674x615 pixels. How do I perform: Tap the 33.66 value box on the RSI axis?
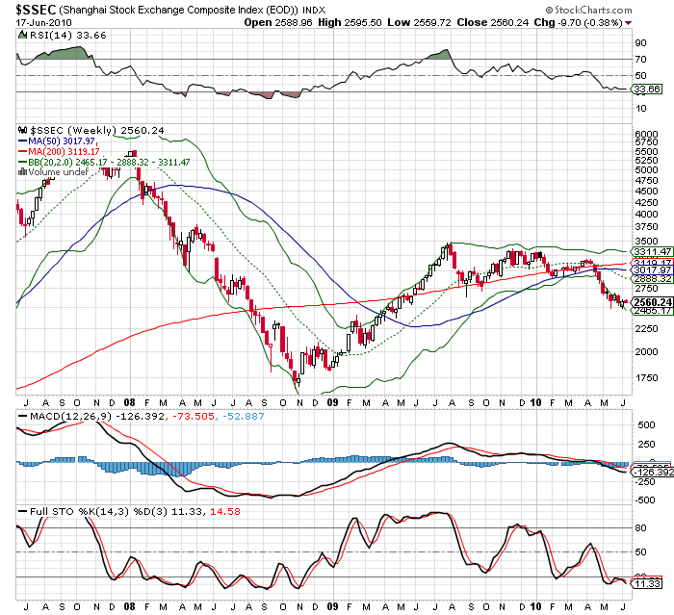coord(643,89)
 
